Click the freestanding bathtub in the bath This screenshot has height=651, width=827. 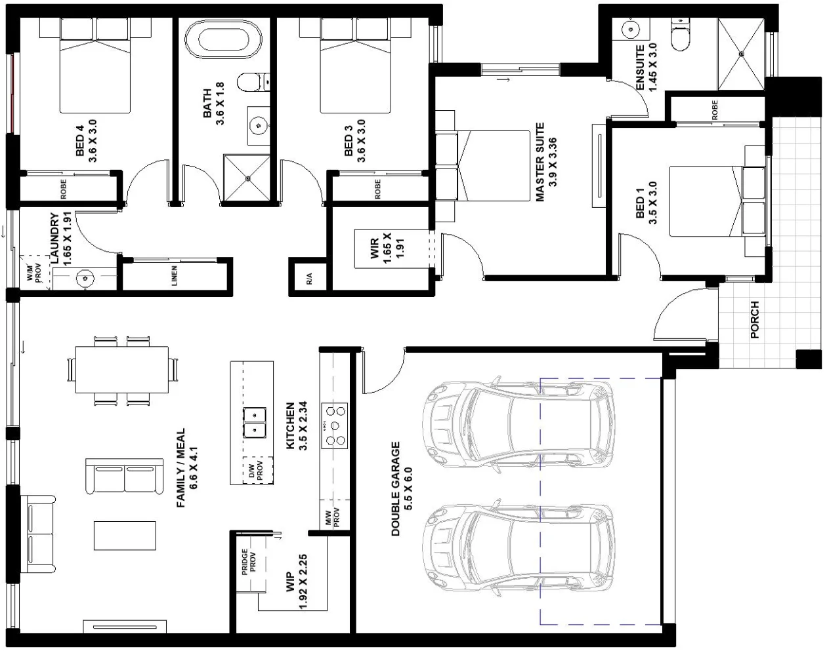point(223,39)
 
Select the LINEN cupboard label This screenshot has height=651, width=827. point(174,275)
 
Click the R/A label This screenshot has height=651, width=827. point(309,278)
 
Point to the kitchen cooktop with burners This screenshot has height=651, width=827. point(334,425)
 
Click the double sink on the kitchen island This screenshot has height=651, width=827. point(255,423)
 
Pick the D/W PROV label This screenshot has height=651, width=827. point(255,471)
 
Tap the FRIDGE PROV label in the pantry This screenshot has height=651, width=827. point(248,562)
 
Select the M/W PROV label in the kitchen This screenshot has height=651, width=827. point(332,517)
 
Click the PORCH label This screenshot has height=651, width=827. point(755,319)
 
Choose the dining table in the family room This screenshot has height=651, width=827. point(122,370)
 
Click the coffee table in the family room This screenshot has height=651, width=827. point(125,536)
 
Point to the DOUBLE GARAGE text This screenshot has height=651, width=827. point(395,488)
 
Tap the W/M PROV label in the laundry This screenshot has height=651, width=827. point(34,273)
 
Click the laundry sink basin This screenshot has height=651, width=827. point(84,278)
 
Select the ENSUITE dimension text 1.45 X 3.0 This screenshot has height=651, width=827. point(652,67)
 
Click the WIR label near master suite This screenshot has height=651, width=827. point(374,248)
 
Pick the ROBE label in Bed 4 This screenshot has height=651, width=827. point(64,189)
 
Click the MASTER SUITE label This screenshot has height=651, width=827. point(540,162)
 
